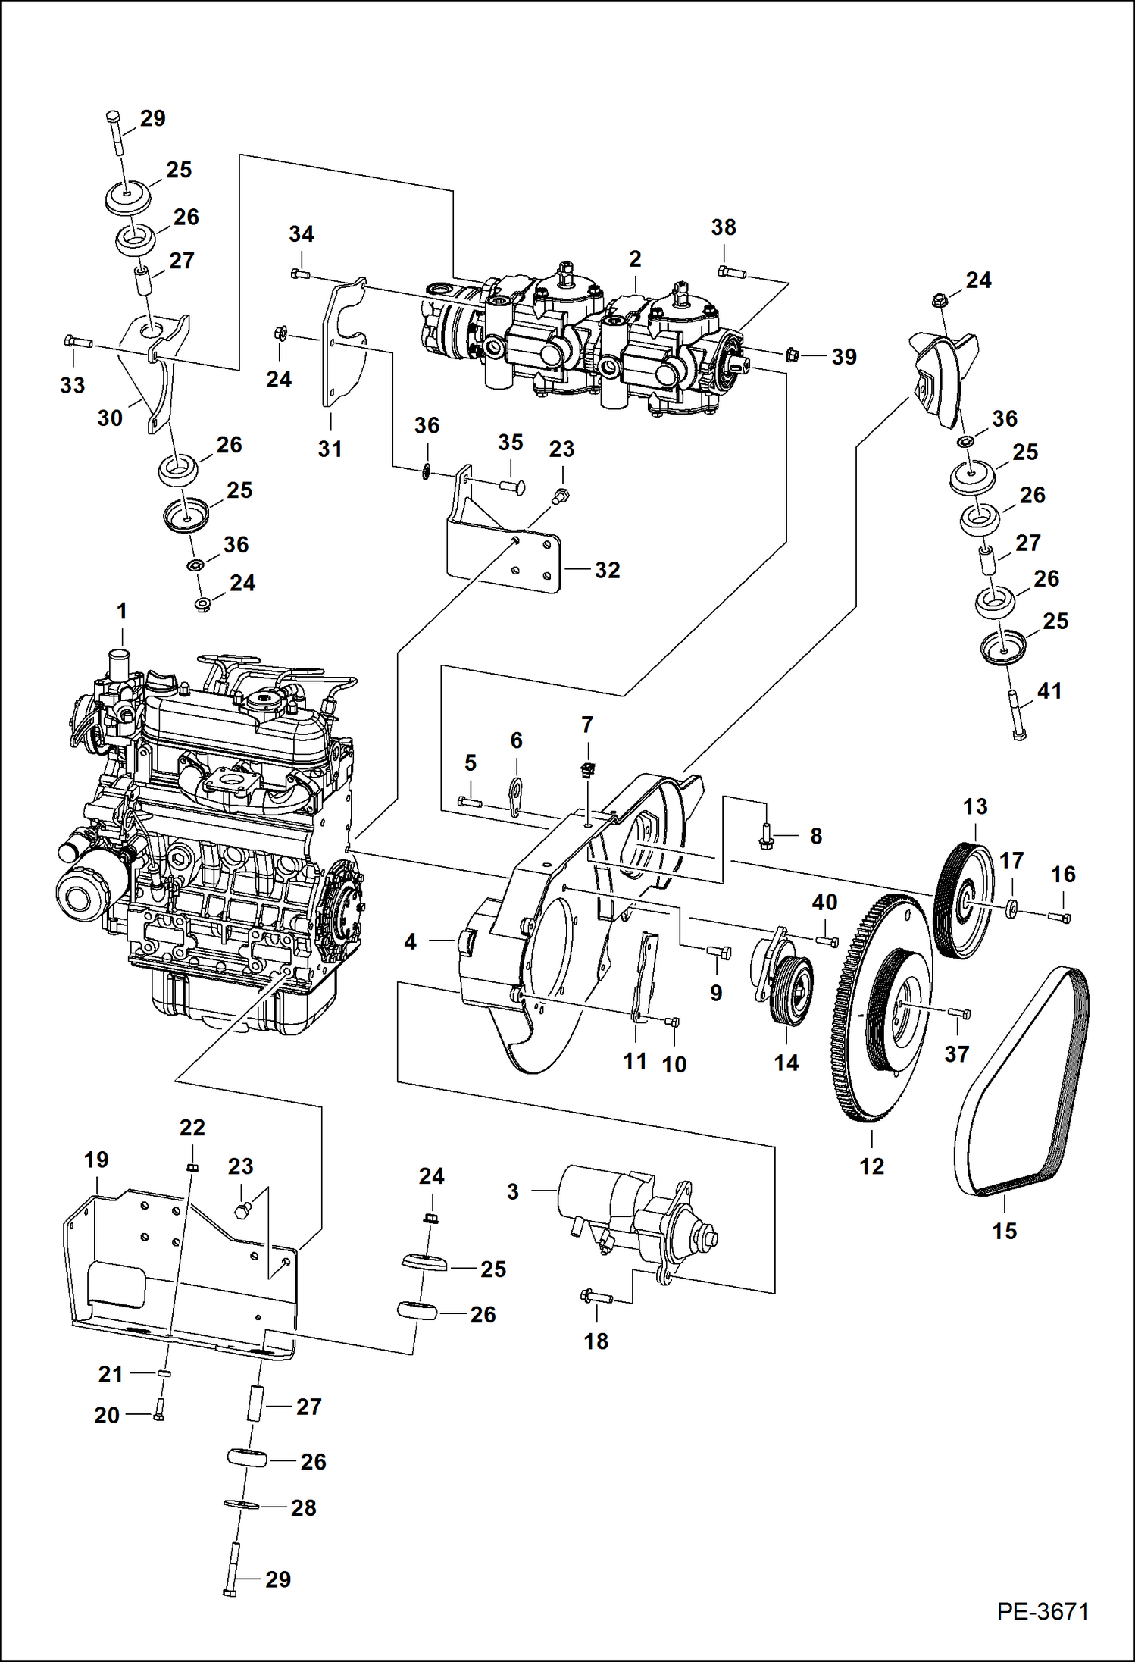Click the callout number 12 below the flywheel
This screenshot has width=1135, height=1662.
[x=871, y=1166]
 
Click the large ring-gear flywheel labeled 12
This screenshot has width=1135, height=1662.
[x=883, y=1008]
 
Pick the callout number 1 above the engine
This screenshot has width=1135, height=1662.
[x=122, y=611]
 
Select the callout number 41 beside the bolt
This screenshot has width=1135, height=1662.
[x=1049, y=690]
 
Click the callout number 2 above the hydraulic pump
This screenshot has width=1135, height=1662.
[x=635, y=259]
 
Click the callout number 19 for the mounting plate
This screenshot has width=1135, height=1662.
[x=96, y=1160]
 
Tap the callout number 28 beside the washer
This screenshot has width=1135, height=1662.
[x=303, y=1507]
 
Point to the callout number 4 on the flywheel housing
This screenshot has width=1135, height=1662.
[x=410, y=942]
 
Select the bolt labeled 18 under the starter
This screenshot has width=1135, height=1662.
[x=596, y=1297]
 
